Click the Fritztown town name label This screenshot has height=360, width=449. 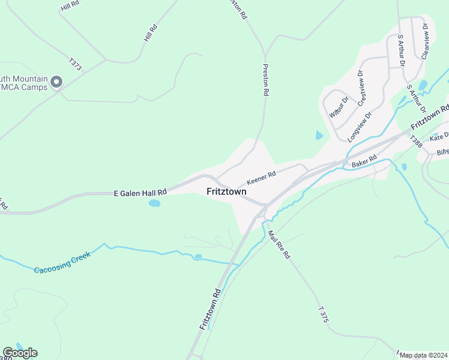click(226, 192)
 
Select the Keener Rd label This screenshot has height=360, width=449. click(261, 178)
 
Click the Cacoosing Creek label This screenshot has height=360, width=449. click(62, 263)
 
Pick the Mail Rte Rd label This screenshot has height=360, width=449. click(279, 245)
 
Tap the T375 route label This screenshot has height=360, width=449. click(324, 314)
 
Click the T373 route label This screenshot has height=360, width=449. click(75, 64)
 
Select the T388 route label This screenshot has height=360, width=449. click(416, 142)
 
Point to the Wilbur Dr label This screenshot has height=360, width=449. click(339, 107)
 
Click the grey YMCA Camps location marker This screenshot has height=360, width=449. click(57, 82)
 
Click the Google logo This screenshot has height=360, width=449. click(20, 353)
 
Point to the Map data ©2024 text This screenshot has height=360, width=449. click(423, 355)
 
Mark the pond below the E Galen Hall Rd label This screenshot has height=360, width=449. click(155, 203)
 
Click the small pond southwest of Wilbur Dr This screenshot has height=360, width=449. click(318, 136)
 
